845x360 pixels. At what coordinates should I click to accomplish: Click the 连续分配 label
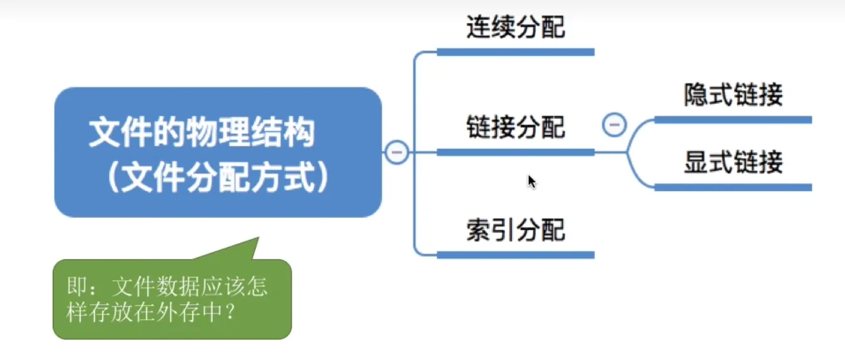pos(515,27)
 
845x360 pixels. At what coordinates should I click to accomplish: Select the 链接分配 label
pos(515,128)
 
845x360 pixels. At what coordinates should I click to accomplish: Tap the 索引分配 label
pos(515,231)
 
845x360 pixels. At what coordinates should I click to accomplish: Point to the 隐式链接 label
pos(733,95)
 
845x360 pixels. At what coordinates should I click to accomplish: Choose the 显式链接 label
pos(733,163)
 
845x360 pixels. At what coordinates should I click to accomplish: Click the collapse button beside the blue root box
pos(396,152)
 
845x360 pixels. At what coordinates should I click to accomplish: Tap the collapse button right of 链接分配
pos(614,124)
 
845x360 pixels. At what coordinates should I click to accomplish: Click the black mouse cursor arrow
pos(531,181)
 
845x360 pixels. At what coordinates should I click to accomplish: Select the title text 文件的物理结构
pos(201,134)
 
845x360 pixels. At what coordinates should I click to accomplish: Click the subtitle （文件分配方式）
pos(217,178)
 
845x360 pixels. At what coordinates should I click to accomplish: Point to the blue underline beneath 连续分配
pos(515,52)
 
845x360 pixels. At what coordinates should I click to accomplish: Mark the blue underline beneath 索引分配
pos(515,254)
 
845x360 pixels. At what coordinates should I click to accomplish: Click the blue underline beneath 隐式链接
pos(733,119)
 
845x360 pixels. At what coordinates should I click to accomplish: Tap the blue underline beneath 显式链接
pos(733,187)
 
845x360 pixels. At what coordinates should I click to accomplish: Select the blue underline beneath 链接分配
pos(515,152)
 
